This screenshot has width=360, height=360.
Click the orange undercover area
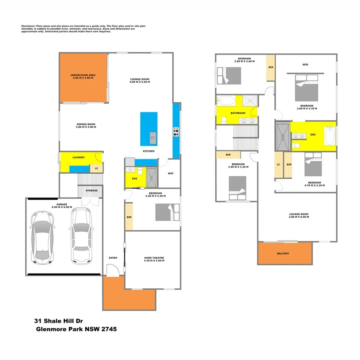click(83, 78)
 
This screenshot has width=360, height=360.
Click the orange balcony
click(284, 253)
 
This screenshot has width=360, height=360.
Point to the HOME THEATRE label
click(154, 258)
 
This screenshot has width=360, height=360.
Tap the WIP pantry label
click(171, 173)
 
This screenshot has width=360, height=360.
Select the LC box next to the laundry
click(96, 168)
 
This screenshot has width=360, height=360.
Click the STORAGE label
click(92, 190)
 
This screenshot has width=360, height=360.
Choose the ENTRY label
click(113, 258)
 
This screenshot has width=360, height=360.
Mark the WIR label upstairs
click(305, 64)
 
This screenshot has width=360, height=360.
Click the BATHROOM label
click(238, 113)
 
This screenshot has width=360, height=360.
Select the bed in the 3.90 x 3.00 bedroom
click(230, 76)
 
